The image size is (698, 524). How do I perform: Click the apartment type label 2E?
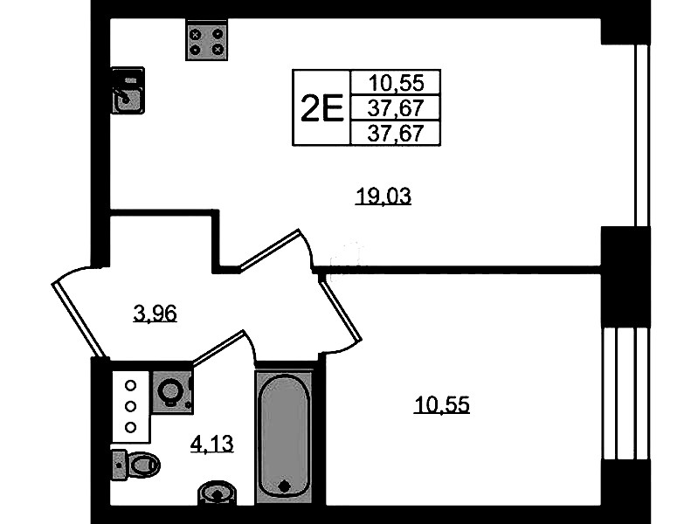click(321, 108)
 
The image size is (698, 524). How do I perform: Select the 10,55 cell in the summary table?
click(396, 82)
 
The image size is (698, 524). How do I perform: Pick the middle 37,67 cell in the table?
click(396, 107)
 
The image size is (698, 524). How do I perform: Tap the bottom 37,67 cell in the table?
click(396, 133)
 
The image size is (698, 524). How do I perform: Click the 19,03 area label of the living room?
click(384, 196)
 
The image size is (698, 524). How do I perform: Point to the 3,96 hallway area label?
click(155, 314)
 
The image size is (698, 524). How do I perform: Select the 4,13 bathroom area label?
click(212, 444)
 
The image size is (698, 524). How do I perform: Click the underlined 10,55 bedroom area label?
click(441, 405)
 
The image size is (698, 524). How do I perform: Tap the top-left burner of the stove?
click(196, 34)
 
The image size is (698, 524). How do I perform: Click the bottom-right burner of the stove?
click(218, 50)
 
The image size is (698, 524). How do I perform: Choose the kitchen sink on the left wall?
click(128, 91)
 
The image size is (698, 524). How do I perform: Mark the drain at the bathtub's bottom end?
click(284, 486)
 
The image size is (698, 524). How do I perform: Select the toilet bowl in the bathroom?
click(135, 465)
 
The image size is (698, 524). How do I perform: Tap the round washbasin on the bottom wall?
click(218, 493)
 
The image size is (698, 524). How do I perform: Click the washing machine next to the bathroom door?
click(173, 392)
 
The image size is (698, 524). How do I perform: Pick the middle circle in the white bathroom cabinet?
click(130, 406)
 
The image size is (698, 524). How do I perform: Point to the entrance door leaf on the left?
click(79, 321)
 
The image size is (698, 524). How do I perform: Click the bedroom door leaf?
click(340, 308)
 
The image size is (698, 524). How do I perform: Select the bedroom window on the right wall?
click(625, 394)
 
